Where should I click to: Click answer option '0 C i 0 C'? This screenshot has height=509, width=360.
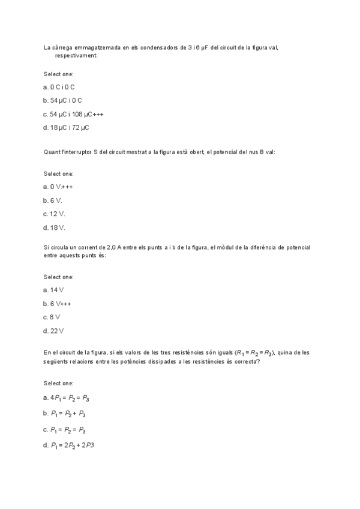(62, 87)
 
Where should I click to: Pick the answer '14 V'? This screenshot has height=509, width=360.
(57, 290)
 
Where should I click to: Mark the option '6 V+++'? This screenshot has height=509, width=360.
(61, 303)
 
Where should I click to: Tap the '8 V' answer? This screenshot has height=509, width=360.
(55, 317)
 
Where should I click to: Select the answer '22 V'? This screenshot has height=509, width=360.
(57, 331)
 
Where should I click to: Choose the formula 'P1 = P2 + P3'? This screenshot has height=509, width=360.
(68, 414)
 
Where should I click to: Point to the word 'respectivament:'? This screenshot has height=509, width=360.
(76, 55)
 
